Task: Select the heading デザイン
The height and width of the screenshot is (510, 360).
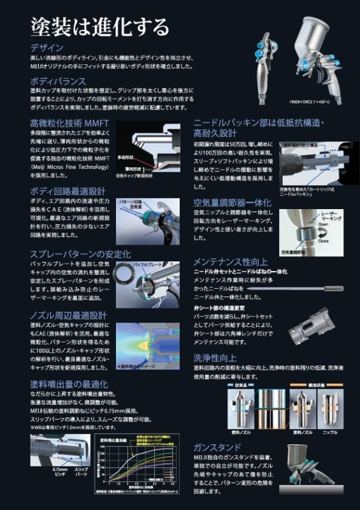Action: point(47,48)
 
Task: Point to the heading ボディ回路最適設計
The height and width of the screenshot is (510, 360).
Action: point(67,191)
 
